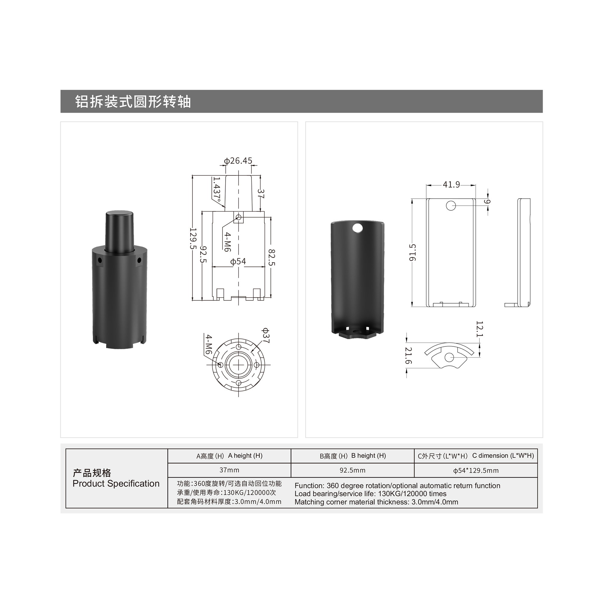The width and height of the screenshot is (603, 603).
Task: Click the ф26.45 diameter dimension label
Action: (238, 161)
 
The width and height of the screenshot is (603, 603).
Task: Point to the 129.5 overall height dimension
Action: (193, 238)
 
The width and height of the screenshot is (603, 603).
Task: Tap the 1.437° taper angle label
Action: (216, 189)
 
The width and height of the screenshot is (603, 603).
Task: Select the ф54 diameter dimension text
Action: (238, 261)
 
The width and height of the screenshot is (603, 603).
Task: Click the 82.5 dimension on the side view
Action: (272, 257)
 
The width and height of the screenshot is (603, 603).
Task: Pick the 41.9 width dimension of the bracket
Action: (451, 185)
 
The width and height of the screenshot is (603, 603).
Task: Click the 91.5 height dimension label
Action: (413, 252)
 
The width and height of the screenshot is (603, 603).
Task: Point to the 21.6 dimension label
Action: (408, 355)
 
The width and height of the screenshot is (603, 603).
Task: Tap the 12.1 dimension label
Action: (480, 329)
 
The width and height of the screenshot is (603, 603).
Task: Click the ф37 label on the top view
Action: (265, 336)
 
